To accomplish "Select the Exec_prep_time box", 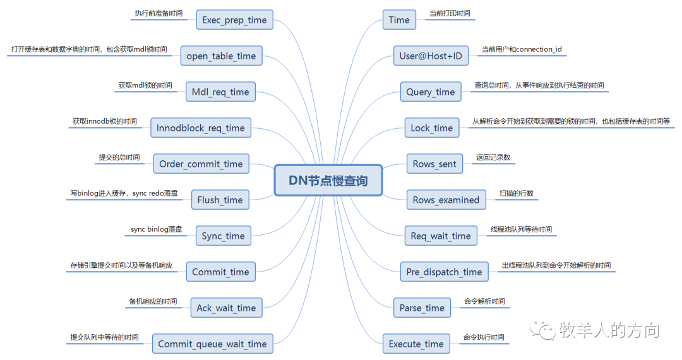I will coord(234,20).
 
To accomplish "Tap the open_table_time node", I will coord(221,56).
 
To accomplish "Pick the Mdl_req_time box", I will coord(220,92).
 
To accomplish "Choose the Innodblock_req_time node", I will coord(200,128).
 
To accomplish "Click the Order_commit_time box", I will coord(201,164).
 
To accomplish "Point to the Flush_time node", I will coord(220,200).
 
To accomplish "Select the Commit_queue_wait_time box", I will coord(212,344).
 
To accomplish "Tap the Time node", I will coord(399,20).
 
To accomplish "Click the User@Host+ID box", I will coord(431,56).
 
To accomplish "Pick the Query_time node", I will coord(431,92).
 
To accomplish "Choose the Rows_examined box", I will coord(446,200).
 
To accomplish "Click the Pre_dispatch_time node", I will coord(444,272).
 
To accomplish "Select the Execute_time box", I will coord(416,344).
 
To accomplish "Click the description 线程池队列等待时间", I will coord(521,229).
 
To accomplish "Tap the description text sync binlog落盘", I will coord(157,229).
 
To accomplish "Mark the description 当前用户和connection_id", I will coord(522,49).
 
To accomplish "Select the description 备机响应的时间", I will coord(153,301).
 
